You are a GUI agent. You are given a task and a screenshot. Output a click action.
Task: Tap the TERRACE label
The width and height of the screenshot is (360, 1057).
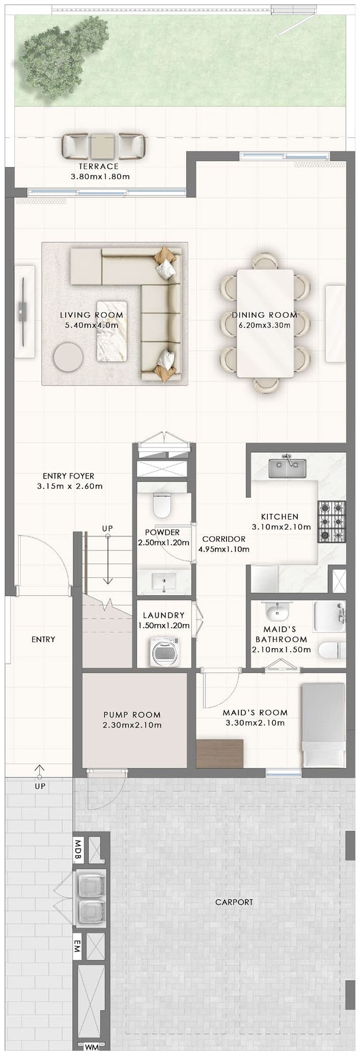click(x=99, y=166)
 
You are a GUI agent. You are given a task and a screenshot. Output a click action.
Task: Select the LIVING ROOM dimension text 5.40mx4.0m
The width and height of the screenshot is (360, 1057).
click(x=92, y=325)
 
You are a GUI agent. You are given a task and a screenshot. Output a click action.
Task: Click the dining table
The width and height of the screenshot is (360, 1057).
click(x=265, y=324)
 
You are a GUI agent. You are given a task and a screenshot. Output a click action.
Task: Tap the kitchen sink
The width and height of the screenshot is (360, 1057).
click(x=288, y=468)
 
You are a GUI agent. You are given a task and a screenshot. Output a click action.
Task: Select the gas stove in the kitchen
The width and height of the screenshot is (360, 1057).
click(x=331, y=522)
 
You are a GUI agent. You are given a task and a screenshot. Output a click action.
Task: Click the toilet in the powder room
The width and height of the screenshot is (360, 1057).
click(x=162, y=506)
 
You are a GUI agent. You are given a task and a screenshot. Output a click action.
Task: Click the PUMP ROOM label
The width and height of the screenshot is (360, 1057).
click(x=132, y=715)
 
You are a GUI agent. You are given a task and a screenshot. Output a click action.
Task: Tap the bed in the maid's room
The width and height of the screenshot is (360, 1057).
click(x=324, y=725)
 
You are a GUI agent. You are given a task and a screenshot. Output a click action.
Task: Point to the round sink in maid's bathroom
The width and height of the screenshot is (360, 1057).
click(x=276, y=611)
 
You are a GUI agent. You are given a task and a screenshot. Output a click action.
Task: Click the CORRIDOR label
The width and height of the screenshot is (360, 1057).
click(x=224, y=539)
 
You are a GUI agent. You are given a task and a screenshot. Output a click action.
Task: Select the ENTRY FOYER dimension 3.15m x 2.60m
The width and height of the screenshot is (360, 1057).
click(x=70, y=486)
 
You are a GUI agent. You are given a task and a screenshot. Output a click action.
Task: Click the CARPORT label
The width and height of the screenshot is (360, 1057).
click(x=234, y=902)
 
